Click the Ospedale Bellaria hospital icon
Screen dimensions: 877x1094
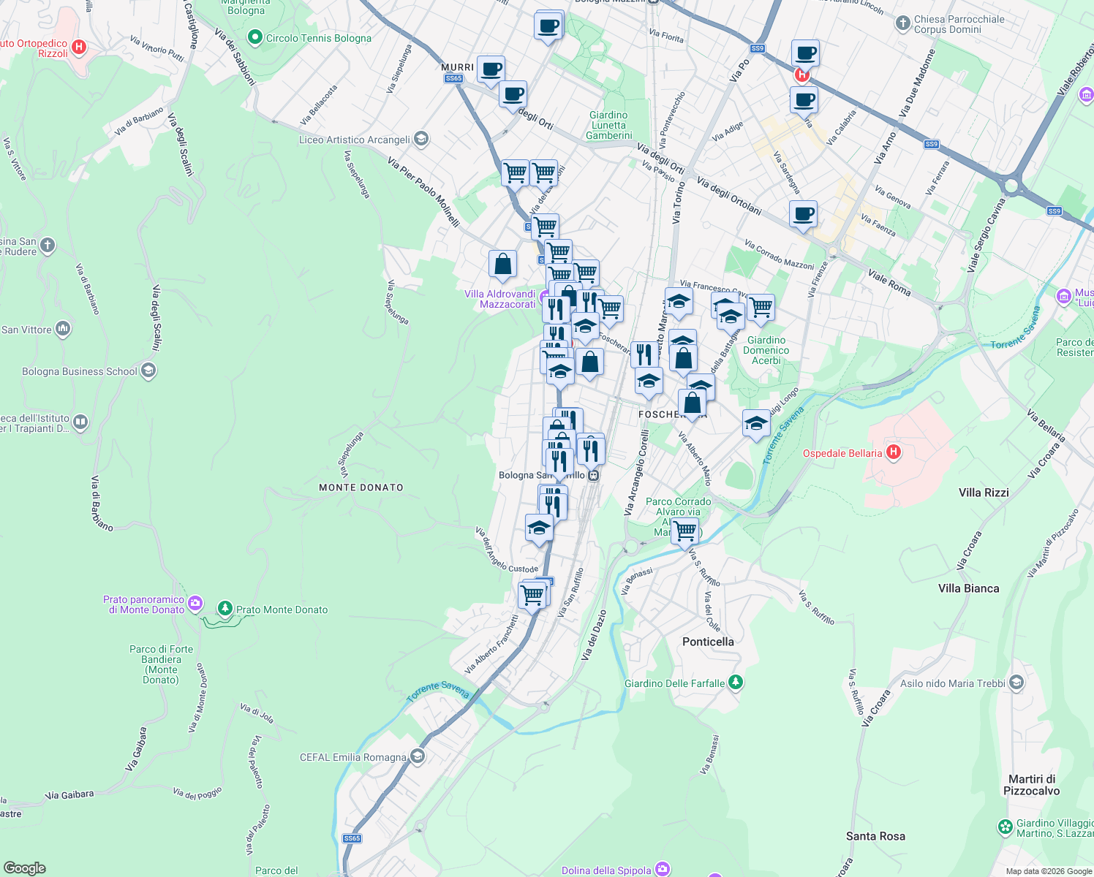point(893,452)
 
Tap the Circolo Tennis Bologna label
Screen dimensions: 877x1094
point(318,38)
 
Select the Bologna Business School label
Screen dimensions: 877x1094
point(80,371)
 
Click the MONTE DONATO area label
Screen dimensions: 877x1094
point(361,487)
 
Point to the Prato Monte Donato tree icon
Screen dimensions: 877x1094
point(225,609)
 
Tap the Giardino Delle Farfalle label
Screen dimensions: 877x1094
point(674,683)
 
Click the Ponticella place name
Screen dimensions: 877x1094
point(708,642)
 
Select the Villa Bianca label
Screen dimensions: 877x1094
point(968,588)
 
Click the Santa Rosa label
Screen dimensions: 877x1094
point(875,836)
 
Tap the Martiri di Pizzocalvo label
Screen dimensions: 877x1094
point(1031,785)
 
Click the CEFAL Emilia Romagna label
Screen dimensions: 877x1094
point(352,757)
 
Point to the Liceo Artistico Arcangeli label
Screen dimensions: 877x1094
point(355,140)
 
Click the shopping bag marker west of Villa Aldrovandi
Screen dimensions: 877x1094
point(502,264)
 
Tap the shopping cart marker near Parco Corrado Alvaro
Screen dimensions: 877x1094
point(684,531)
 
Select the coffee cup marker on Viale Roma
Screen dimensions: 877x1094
point(803,214)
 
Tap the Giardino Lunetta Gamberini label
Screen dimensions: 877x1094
point(608,125)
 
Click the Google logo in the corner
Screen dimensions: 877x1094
point(24,868)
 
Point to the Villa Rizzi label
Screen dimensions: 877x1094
point(984,493)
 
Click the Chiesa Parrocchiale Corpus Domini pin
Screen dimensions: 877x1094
point(902,23)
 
